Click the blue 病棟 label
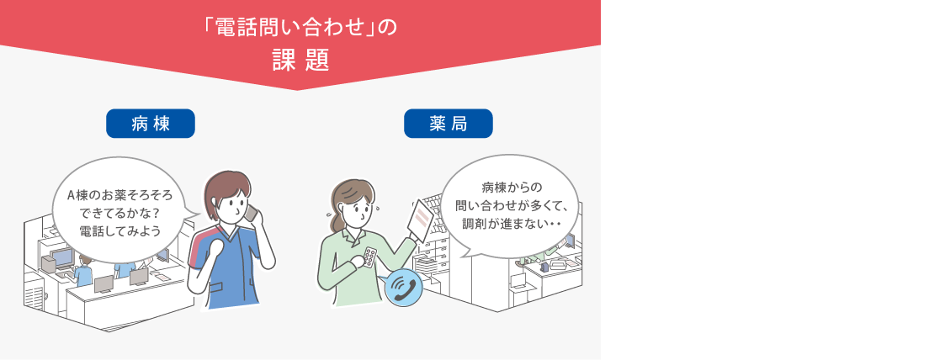(150, 124)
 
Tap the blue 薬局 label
(449, 124)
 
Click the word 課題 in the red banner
(300, 61)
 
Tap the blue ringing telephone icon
(402, 288)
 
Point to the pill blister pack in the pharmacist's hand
(369, 257)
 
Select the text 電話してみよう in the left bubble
(120, 230)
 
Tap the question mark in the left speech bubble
(158, 213)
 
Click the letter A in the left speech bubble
(70, 196)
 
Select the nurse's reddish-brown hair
(226, 188)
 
